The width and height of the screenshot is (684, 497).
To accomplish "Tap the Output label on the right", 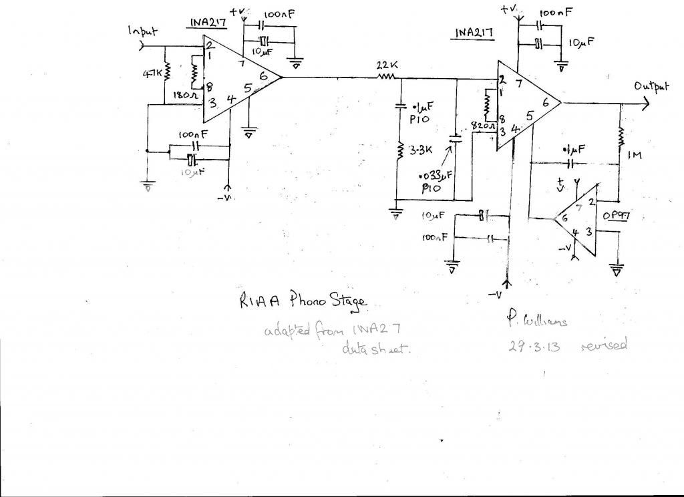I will click(651, 88).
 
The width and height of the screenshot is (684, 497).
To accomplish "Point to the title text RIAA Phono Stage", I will click(303, 301).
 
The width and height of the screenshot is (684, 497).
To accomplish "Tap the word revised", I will click(604, 346).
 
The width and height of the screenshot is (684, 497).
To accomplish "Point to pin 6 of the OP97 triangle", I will click(564, 218).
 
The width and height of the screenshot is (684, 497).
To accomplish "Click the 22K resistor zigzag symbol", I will click(386, 77).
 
